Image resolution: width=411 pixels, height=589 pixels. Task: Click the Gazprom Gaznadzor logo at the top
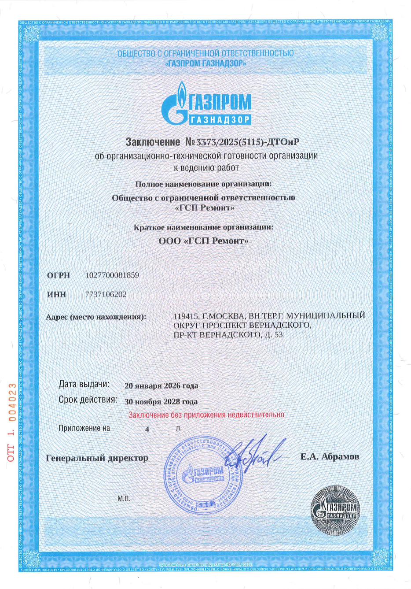click(x=206, y=104)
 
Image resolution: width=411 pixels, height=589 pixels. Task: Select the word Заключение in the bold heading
click(x=153, y=142)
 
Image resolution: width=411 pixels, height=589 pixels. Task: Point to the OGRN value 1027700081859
click(x=112, y=275)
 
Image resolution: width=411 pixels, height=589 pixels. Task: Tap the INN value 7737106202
click(x=106, y=294)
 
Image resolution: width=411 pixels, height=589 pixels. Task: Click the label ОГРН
click(x=59, y=276)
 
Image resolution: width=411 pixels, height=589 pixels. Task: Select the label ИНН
click(x=56, y=295)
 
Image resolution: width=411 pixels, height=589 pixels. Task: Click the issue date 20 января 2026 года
click(x=161, y=386)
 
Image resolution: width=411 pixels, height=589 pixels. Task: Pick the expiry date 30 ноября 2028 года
click(x=161, y=402)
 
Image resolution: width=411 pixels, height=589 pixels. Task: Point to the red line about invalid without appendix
click(x=206, y=415)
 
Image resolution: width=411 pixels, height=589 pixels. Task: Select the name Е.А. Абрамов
click(x=330, y=457)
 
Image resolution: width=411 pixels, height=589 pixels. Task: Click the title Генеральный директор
click(x=97, y=458)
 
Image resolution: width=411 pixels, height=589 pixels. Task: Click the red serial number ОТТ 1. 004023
click(x=12, y=422)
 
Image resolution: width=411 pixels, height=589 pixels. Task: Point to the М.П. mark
click(x=124, y=499)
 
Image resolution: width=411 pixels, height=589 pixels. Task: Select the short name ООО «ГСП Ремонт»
click(x=203, y=241)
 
